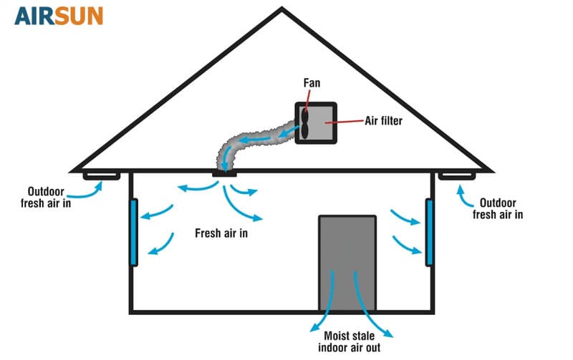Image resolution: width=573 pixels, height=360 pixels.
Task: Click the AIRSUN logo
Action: [x=59, y=16]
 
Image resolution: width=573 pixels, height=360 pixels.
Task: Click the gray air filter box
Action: [x=324, y=122]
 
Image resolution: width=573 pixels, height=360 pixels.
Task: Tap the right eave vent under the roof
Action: [x=456, y=175]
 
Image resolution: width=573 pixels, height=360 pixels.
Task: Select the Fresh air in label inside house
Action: [x=222, y=233]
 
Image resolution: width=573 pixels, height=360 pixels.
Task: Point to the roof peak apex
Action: [x=282, y=9]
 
